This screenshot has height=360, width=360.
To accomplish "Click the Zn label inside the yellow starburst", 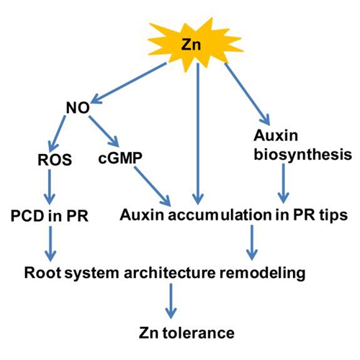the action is (191, 45).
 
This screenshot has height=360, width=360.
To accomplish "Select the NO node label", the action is (78, 108).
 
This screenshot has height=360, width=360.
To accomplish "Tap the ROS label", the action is (55, 160).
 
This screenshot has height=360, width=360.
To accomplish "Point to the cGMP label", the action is (120, 158).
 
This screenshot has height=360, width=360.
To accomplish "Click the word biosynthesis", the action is (303, 155).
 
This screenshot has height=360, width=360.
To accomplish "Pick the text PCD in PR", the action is (50, 216).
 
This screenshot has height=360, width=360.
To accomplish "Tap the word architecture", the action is (170, 273).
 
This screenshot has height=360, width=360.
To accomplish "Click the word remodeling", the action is (262, 274).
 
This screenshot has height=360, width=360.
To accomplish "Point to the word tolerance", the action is (198, 333).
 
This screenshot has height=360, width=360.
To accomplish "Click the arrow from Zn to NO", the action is (129, 84).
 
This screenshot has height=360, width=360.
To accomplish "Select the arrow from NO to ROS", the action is (57, 132).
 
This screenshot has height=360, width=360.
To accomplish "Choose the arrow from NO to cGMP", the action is (104, 131).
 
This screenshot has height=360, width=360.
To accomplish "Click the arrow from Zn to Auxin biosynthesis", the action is (247, 94).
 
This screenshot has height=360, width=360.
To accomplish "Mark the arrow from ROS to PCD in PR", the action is (50, 187).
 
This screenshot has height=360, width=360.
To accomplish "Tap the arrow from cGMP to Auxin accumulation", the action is (152, 186).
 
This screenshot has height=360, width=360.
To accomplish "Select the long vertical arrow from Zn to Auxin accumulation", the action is (198, 134).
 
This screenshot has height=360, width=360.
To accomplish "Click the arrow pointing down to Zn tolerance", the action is (171, 301).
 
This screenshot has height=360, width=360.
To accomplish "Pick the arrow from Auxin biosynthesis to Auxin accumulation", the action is (284, 184).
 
